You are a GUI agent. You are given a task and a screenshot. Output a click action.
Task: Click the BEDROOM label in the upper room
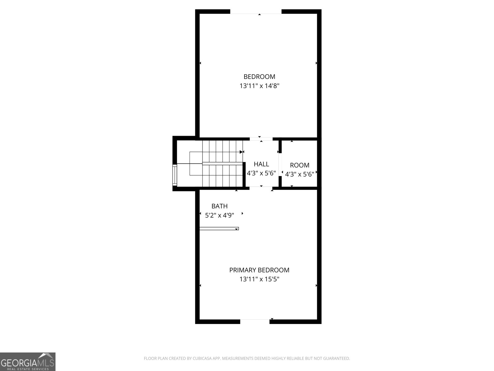click(x=259, y=77)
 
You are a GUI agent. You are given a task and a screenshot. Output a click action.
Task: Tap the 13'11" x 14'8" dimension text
click(x=259, y=86)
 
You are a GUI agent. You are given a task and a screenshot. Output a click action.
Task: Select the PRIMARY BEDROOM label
click(x=259, y=270)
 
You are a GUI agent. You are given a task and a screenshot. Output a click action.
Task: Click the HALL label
click(x=261, y=164)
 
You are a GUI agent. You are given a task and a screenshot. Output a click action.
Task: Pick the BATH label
click(x=220, y=206)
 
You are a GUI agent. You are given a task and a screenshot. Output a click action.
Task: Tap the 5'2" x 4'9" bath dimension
click(x=220, y=215)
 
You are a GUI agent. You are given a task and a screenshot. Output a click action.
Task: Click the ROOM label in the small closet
click(x=299, y=165)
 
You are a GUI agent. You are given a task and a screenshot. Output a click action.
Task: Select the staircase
click(x=216, y=164)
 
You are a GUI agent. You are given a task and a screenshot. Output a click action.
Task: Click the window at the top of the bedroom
click(x=256, y=12)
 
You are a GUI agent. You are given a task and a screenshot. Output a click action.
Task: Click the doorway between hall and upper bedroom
click(x=261, y=139)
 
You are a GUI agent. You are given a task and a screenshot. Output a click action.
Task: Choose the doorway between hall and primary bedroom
click(x=261, y=188)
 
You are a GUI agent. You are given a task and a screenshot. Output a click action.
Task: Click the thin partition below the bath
click(x=219, y=229)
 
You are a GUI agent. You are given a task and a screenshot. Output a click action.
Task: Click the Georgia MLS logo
click(x=28, y=362)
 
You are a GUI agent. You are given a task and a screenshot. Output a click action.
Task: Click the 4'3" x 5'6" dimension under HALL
click(x=261, y=173)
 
